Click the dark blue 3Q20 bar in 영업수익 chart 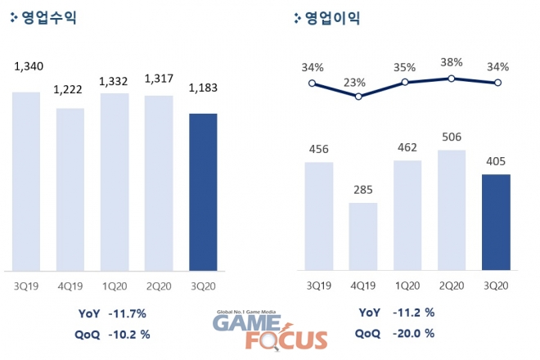pyautogui.click(x=203, y=191)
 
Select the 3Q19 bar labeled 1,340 pyautogui.click(x=25, y=181)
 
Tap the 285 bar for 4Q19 pyautogui.click(x=362, y=236)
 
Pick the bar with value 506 pyautogui.click(x=452, y=210)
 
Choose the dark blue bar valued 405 pyautogui.click(x=496, y=222)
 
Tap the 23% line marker pyautogui.click(x=357, y=96)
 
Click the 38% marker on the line pyautogui.click(x=451, y=79)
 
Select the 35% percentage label pyautogui.click(x=407, y=67)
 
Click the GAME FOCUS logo pyautogui.click(x=270, y=331)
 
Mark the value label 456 pyautogui.click(x=318, y=149)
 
